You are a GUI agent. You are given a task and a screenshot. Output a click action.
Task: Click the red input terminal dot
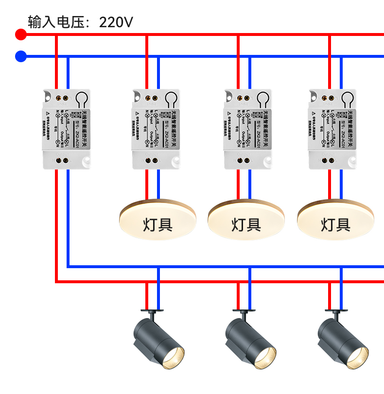click(21, 34)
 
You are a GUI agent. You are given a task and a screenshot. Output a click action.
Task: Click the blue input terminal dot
click(21, 56)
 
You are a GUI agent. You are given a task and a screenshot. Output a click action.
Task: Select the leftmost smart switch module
click(66, 129)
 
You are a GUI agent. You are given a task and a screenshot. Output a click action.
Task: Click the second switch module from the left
click(157, 129)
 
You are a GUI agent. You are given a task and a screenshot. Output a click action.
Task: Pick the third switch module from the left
click(248, 129)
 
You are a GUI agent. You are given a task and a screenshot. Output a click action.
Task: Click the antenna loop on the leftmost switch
click(82, 99)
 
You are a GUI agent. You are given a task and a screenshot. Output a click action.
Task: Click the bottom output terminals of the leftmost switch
click(62, 159)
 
